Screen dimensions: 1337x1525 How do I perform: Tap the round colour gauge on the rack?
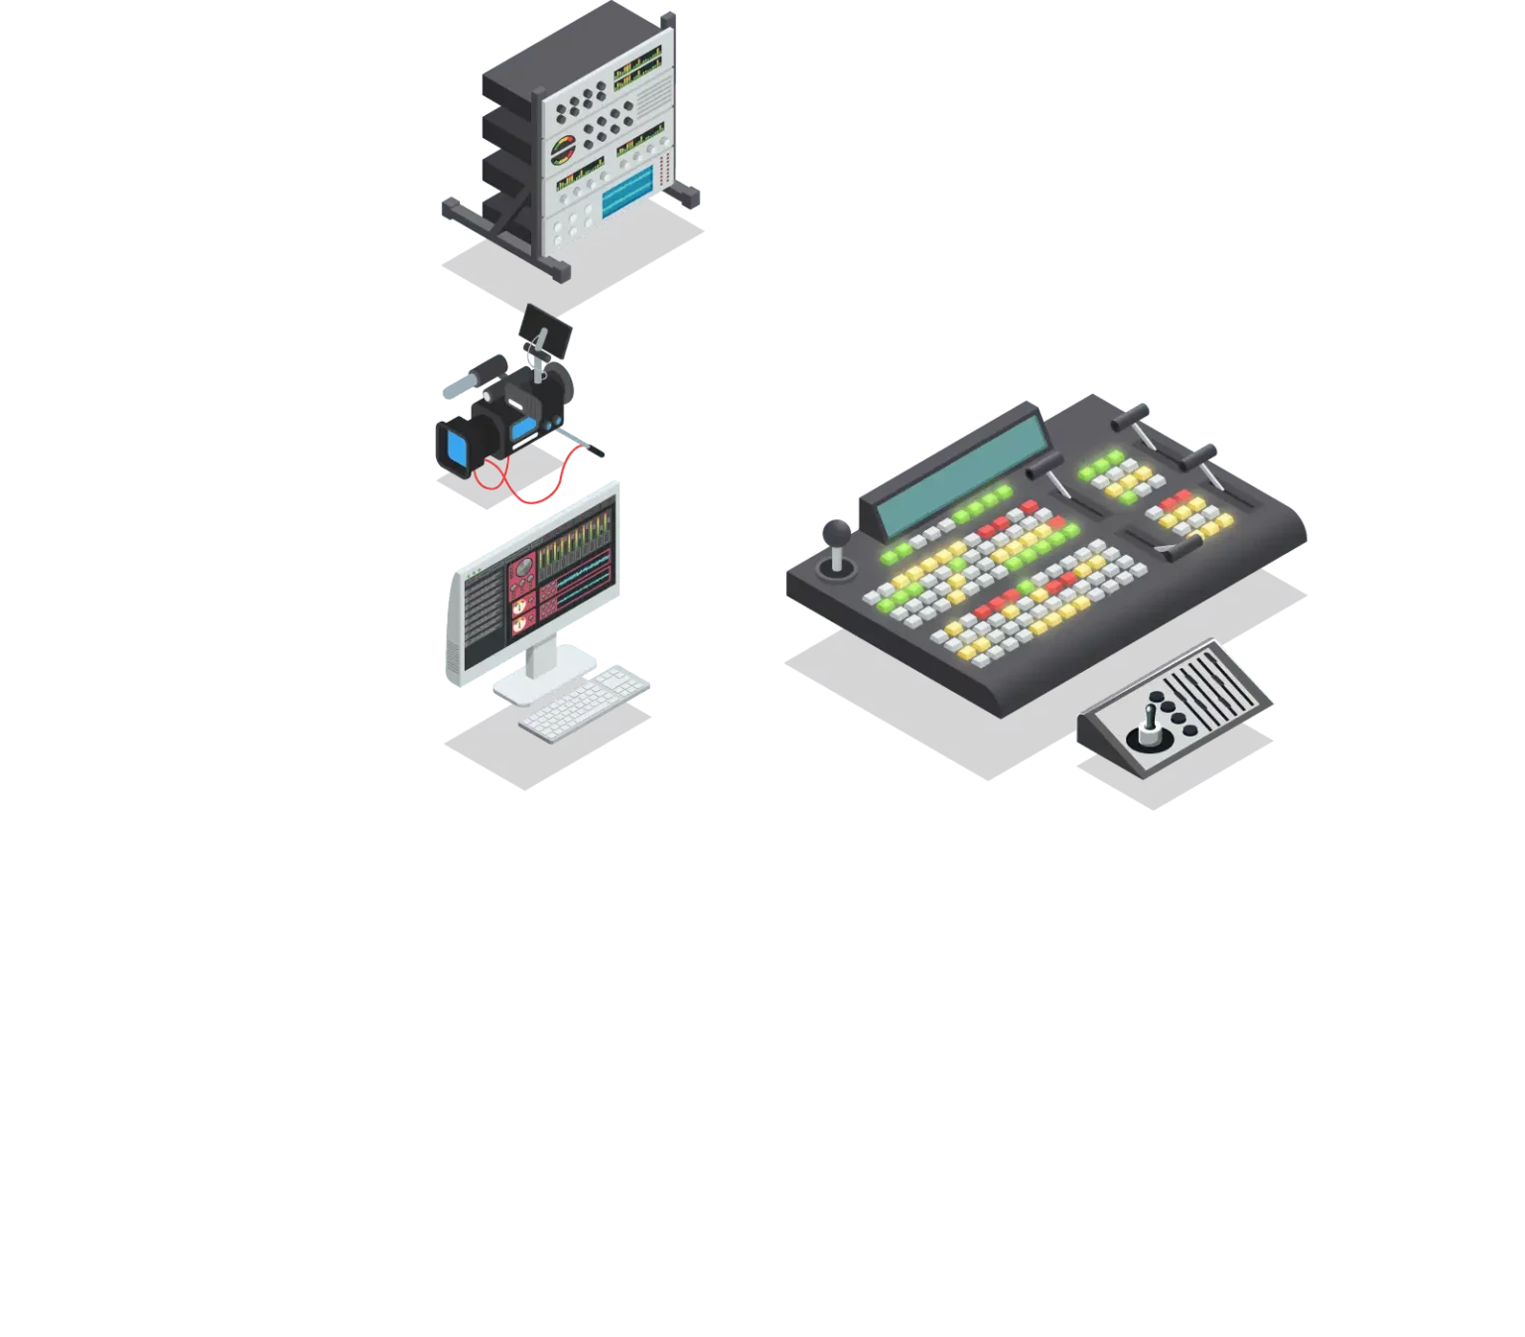(x=563, y=151)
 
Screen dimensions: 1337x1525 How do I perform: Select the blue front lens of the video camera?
(x=458, y=448)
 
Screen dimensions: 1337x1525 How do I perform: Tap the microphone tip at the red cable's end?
(x=598, y=450)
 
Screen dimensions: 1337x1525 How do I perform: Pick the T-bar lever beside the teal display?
(x=1047, y=466)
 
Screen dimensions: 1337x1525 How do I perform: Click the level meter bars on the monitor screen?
(x=576, y=541)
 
